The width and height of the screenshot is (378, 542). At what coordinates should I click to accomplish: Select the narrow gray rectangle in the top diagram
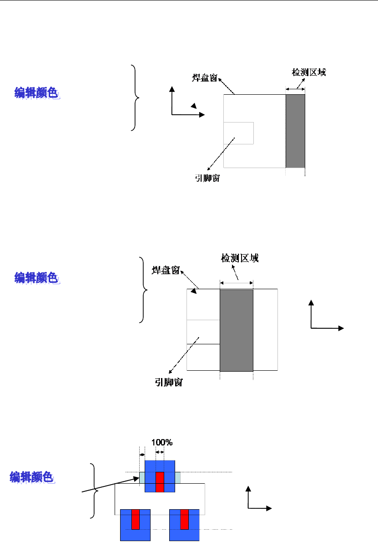(295, 131)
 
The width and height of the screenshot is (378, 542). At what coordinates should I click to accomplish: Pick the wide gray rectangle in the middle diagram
(236, 330)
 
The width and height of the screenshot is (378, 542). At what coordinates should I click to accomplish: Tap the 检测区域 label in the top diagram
(308, 72)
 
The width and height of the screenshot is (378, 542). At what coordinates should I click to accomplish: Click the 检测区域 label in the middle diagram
(240, 258)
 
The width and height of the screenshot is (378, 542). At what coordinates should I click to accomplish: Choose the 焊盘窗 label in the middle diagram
(165, 271)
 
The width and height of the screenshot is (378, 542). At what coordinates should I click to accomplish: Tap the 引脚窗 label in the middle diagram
(168, 383)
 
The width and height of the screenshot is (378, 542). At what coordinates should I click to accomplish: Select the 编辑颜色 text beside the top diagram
(36, 93)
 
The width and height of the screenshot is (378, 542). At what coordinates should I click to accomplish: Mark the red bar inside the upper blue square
(160, 482)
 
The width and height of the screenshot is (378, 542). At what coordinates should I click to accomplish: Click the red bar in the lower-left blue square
(135, 519)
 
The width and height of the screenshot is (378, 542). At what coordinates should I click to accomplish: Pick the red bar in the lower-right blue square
(184, 519)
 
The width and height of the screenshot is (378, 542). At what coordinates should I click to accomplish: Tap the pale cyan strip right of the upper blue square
(178, 478)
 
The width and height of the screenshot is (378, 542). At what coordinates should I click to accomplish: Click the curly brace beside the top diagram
(136, 97)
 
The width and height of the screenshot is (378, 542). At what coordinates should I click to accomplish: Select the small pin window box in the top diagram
(239, 133)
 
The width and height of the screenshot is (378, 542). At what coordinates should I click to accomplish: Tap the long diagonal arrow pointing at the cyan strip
(109, 485)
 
